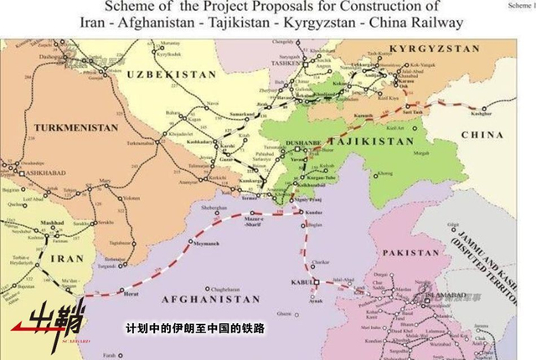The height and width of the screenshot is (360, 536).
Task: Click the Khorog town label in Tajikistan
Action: pos(384,175)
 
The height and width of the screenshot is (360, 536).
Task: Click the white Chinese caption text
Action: pos(194,329)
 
